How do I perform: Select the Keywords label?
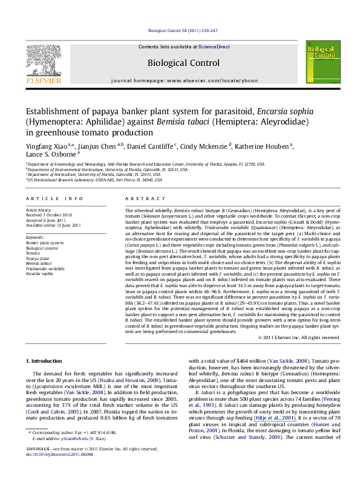click(35, 238)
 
